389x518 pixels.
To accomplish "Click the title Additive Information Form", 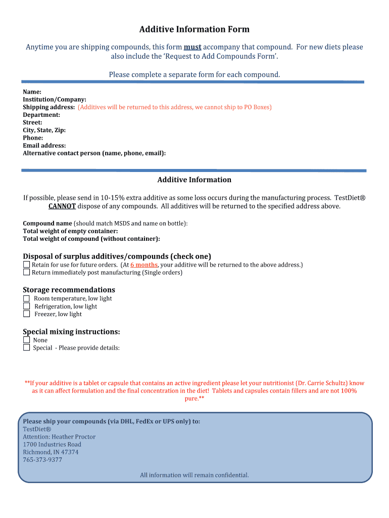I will [194, 29].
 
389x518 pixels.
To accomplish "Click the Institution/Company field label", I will [55, 100].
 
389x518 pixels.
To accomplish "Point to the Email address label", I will [44, 145].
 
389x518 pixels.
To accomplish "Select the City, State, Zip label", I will [44, 130].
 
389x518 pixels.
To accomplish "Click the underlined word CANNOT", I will [62, 206].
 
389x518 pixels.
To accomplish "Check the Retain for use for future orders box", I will [27, 265].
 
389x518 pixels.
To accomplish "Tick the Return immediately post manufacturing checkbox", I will [27, 272].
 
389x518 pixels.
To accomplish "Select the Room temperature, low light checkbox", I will [27, 298].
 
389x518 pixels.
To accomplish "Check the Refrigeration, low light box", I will [27, 306].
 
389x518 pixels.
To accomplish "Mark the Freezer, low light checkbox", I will [27, 314].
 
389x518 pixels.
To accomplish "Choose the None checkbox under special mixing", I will [27, 340].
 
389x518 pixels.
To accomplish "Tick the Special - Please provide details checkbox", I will [27, 348].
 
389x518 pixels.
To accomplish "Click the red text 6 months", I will [144, 265].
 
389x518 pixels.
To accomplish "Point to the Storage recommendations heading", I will [69, 290].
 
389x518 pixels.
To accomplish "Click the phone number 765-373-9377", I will [42, 460].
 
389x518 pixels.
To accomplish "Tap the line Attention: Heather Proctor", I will [59, 437].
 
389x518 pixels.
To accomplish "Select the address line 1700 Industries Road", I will [52, 444].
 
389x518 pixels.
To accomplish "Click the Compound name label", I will [47, 223].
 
